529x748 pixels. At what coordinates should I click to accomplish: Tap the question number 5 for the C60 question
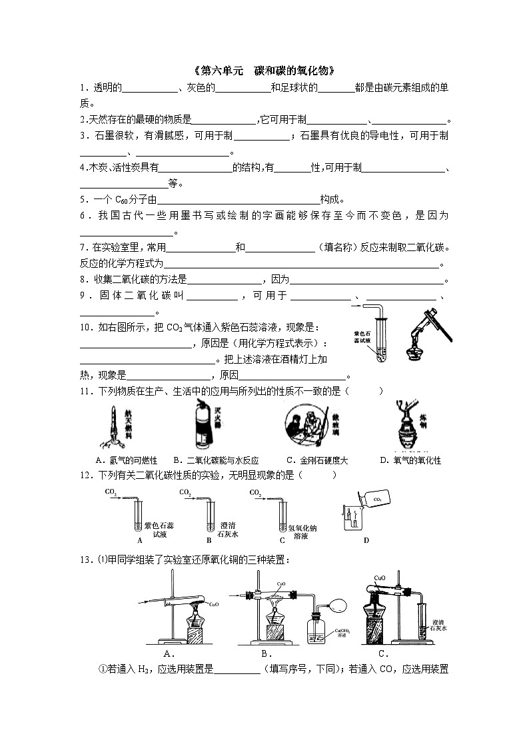pyautogui.click(x=83, y=199)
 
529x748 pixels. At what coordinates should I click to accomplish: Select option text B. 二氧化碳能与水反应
pyautogui.click(x=215, y=460)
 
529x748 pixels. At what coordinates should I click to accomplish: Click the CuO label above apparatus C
pyautogui.click(x=380, y=578)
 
